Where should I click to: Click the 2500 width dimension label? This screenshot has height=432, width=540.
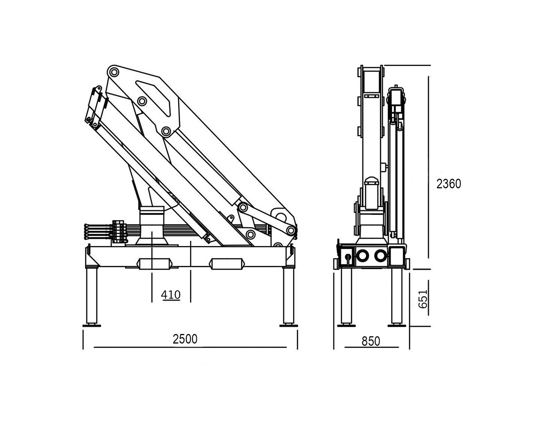pyautogui.click(x=185, y=339)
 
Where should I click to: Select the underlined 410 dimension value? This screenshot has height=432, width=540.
pyautogui.click(x=171, y=295)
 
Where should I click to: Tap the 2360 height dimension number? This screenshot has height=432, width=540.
pyautogui.click(x=449, y=184)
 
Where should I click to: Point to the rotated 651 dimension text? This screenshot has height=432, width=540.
pyautogui.click(x=423, y=299)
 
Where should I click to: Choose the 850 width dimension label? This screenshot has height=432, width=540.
pyautogui.click(x=371, y=341)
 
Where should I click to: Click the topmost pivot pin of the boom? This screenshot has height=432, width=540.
pyautogui.click(x=114, y=72)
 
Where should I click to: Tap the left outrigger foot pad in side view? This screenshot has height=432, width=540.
pyautogui.click(x=92, y=326)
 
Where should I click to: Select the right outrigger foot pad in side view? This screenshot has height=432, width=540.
pyautogui.click(x=288, y=326)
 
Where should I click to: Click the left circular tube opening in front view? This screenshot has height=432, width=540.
pyautogui.click(x=362, y=256)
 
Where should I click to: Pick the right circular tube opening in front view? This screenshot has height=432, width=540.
pyautogui.click(x=380, y=256)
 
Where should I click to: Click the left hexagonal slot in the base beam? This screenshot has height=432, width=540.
pyautogui.click(x=154, y=264)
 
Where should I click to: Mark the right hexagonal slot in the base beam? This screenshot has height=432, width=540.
pyautogui.click(x=227, y=264)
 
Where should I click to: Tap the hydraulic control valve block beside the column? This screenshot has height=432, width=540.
pyautogui.click(x=118, y=232)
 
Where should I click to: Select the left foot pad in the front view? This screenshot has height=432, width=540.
pyautogui.click(x=346, y=326)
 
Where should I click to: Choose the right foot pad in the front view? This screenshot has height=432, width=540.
pyautogui.click(x=397, y=326)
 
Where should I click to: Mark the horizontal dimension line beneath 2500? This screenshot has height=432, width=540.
pyautogui.click(x=190, y=348)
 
